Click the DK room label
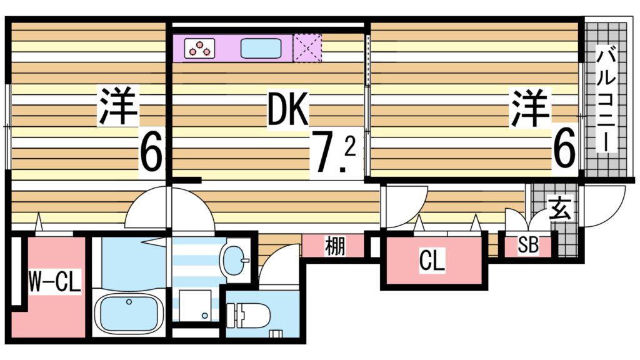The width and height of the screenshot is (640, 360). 288,111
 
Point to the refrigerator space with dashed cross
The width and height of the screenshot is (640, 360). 307,48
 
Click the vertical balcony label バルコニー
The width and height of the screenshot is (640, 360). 605,99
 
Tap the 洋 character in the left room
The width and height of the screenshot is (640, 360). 117,106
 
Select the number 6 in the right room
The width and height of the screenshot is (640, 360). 563,151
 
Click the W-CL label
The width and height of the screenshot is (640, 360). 55,284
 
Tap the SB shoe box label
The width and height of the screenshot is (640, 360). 528,246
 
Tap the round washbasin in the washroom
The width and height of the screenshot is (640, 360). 234,259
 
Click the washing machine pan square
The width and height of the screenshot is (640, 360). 195,306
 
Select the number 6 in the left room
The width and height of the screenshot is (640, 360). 151,152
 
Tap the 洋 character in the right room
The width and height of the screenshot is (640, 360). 532,107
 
